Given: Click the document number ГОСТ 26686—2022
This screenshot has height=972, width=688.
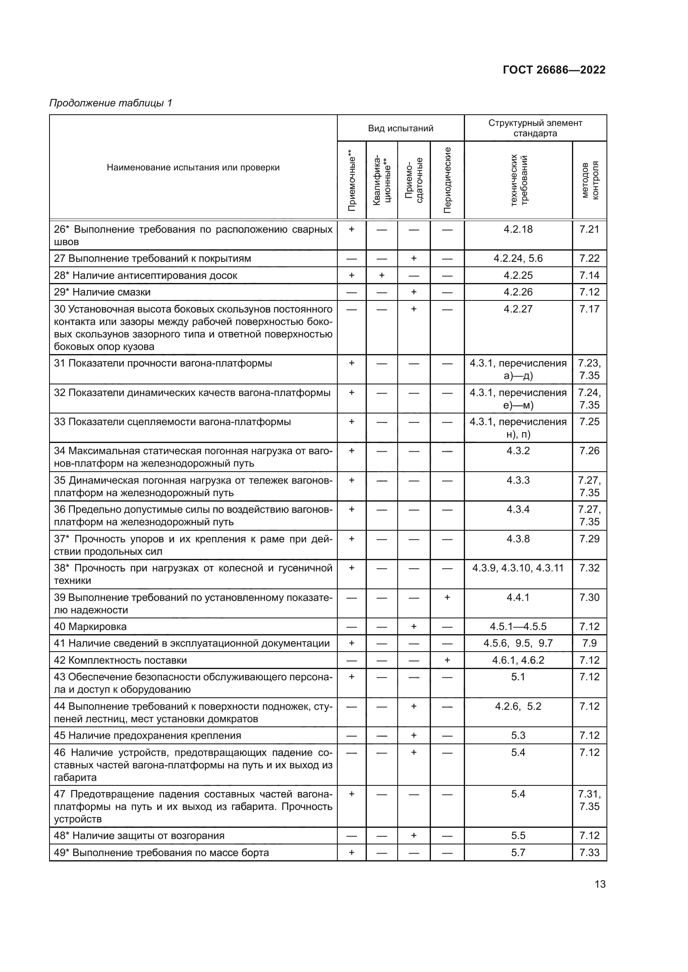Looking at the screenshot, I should tap(554, 70).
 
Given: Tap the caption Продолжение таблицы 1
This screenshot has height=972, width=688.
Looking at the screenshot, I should tap(111, 103).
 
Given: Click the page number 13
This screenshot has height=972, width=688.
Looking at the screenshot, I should tap(600, 884).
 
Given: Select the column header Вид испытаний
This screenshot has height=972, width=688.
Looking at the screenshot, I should tap(400, 128).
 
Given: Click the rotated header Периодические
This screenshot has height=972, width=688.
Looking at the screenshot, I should tap(447, 180).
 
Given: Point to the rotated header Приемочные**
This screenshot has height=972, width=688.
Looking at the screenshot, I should tap(351, 180).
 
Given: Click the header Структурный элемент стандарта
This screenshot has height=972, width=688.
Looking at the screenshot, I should tap(535, 128).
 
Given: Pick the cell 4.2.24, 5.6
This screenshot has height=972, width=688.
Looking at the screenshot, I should tap(518, 258).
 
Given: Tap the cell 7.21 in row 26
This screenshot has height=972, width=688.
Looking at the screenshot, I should tap(589, 229).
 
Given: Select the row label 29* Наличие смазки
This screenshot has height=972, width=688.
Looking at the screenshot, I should tap(102, 292).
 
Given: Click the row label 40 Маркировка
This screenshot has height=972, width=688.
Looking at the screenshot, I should tap(90, 627).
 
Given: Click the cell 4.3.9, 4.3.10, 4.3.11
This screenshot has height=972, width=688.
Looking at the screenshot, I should tap(518, 568).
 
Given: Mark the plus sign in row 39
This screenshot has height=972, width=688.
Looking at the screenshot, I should tap(447, 597).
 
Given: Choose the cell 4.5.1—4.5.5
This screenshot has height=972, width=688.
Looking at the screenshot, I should tap(518, 627).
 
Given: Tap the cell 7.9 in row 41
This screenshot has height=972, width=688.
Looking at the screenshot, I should tap(589, 643).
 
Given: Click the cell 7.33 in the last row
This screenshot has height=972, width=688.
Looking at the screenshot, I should tap(589, 852).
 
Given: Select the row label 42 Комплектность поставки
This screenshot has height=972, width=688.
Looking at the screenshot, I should tap(120, 660).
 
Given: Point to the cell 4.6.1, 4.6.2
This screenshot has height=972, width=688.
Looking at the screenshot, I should tap(518, 660).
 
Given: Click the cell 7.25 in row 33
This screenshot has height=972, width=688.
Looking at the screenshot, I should tap(589, 422).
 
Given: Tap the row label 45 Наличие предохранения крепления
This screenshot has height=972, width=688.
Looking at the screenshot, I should tap(147, 736).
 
